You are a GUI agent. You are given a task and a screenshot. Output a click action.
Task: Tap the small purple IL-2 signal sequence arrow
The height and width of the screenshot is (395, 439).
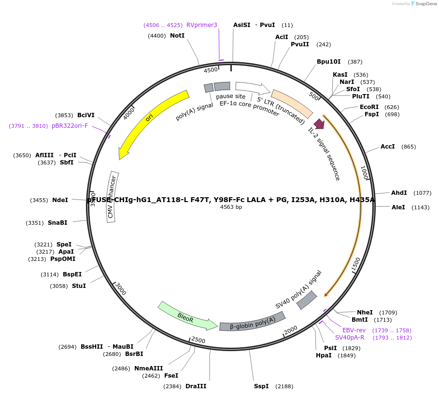[x=319, y=124]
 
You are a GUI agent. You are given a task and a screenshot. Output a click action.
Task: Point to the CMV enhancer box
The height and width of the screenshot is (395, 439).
[x=113, y=197]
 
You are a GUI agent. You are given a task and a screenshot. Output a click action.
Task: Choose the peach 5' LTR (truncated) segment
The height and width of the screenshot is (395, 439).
[x=292, y=103]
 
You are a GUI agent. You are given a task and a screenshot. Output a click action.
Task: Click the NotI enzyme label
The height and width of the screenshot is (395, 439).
[x=177, y=36]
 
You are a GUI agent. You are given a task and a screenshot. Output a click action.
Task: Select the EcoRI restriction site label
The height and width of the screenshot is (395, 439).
[x=369, y=107]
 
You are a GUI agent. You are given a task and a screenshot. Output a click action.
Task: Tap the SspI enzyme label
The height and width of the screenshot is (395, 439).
[x=261, y=386]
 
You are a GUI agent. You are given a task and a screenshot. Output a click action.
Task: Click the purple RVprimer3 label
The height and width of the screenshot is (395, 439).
[x=202, y=25]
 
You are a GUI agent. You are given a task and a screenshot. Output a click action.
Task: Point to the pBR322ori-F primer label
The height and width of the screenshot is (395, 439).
[x=70, y=126]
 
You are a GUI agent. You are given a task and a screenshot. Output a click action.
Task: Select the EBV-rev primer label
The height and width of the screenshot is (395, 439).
[x=354, y=330]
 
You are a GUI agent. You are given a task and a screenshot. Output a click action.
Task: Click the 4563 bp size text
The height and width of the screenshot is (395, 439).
[x=231, y=207]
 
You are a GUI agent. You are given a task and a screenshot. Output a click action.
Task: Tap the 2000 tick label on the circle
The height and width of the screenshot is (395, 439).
[x=291, y=330]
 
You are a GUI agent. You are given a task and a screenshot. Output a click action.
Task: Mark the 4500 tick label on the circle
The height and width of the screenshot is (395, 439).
[x=211, y=70]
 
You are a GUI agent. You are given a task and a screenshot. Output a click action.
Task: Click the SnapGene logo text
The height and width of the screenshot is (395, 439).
[x=424, y=4]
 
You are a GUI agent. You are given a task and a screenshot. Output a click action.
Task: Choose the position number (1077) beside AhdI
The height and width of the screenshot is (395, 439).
[x=422, y=193]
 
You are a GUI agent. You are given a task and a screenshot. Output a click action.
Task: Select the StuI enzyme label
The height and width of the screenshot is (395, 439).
[x=79, y=286]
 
